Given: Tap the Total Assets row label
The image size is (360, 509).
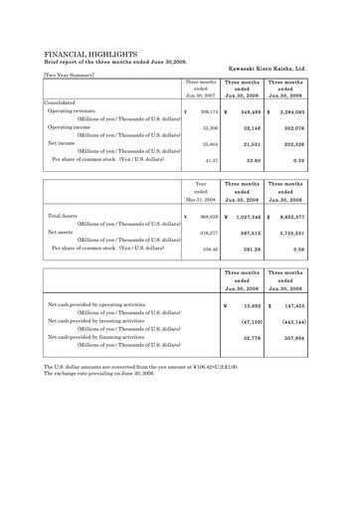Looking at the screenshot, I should pyautogui.click(x=64, y=215).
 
